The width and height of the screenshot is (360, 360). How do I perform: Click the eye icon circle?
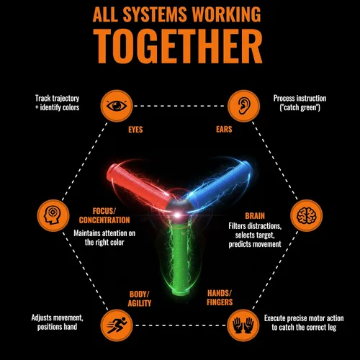click(x=117, y=106)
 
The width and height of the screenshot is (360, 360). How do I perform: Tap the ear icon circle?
click(x=243, y=106)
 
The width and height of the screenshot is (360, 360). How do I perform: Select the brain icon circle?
click(x=307, y=215)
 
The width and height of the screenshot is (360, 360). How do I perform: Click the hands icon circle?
click(x=243, y=325)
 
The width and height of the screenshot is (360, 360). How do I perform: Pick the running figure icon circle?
click(x=117, y=325)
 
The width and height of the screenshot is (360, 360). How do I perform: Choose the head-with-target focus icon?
click(x=53, y=215)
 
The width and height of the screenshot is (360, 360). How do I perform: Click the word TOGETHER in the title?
click(x=178, y=46)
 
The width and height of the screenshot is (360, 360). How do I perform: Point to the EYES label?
click(x=135, y=130)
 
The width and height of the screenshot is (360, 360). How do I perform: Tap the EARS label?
click(x=224, y=130)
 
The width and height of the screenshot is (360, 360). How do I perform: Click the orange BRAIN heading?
click(x=255, y=216)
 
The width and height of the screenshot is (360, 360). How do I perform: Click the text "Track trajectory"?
click(x=57, y=99)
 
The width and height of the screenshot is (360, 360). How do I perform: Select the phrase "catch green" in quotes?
click(x=300, y=107)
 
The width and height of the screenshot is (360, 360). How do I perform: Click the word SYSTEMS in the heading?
click(x=155, y=14)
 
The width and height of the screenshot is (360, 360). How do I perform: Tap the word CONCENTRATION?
click(x=104, y=220)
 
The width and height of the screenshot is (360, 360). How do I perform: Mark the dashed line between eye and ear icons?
click(x=180, y=106)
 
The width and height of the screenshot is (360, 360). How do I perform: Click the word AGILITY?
click(x=140, y=304)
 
